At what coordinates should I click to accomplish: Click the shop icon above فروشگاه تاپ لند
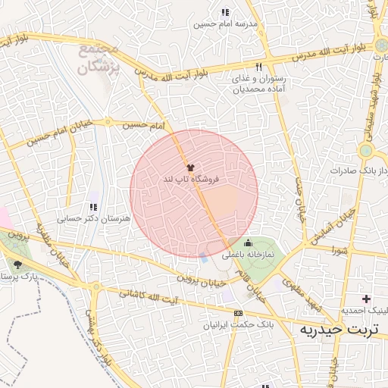coord(189,167)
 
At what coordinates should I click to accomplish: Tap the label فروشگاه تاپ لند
coord(190,180)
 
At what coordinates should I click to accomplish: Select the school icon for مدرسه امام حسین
coord(224,12)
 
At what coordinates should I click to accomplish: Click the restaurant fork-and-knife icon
coord(259,66)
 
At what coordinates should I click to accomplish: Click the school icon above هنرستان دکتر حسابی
coord(93,206)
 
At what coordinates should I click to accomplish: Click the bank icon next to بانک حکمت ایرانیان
coord(239,312)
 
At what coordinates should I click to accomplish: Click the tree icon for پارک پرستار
coord(17,264)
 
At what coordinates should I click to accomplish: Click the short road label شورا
coord(338,248)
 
